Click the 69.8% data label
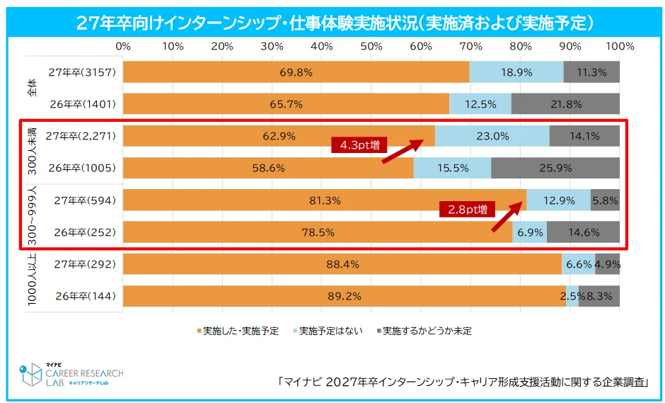pos(296,72)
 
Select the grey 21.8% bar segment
pos(565,104)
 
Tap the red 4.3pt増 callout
pos(359,145)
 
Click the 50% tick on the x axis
pos(371,46)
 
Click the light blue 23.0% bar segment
pos(492,136)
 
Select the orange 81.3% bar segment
pos(324,200)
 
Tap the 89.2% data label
pos(344,296)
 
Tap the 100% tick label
pos(620,46)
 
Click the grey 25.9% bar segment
pos(555,168)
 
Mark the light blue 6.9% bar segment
pos(529,232)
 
